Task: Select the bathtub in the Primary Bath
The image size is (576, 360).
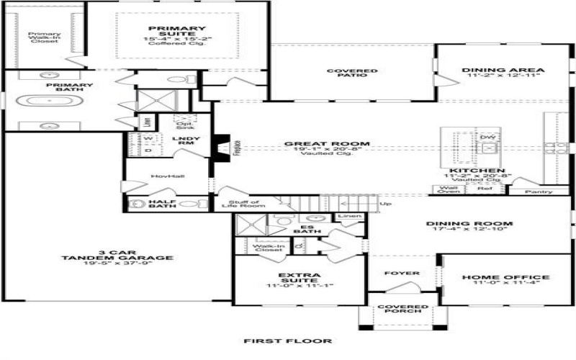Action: (45, 101)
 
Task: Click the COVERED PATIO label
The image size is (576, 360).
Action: (352, 73)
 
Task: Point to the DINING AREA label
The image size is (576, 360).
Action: (503, 71)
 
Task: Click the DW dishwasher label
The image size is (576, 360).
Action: (489, 137)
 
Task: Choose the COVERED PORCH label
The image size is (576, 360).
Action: (403, 310)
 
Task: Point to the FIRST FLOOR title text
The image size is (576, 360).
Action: (287, 341)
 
